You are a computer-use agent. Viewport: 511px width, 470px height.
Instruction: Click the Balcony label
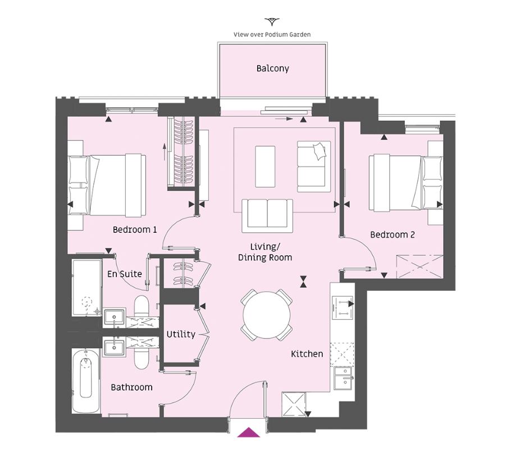point(272,69)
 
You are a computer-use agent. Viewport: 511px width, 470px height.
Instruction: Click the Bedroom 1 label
point(135,229)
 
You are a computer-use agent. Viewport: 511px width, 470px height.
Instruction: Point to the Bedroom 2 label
point(393,234)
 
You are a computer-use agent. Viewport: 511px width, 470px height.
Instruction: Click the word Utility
point(181,334)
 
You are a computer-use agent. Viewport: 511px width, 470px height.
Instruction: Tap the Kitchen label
point(307,354)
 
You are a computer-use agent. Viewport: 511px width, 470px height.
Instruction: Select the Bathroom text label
point(131,387)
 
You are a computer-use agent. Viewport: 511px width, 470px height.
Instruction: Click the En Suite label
point(125,274)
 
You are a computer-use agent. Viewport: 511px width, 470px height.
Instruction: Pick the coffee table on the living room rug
point(265,166)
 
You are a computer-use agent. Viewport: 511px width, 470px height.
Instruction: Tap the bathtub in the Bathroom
point(85,381)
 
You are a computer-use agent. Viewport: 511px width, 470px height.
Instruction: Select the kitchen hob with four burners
point(342,308)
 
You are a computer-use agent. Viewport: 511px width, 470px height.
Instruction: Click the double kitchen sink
point(344,378)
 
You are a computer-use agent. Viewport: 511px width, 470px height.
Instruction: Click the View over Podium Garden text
point(272,35)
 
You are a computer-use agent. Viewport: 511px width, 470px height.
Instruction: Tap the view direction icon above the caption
point(272,22)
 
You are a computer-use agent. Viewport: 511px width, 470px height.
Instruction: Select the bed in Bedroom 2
point(406,183)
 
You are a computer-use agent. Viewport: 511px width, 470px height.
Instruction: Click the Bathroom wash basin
point(114,347)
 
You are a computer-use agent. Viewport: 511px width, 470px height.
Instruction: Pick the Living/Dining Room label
point(265,252)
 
